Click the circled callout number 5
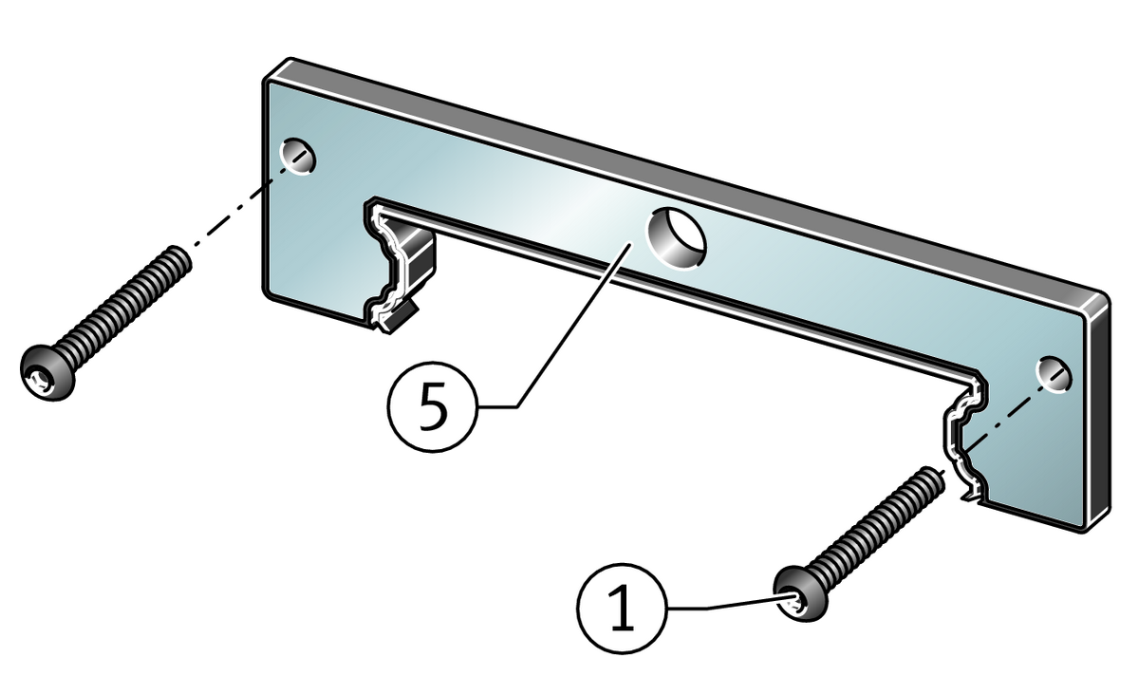click(x=433, y=406)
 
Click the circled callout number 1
click(x=622, y=608)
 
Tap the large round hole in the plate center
click(x=676, y=237)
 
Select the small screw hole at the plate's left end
click(x=298, y=156)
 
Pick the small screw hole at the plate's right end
click(x=1054, y=374)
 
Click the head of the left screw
click(x=47, y=372)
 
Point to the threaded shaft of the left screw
click(x=123, y=300)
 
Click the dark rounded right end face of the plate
click(x=1099, y=417)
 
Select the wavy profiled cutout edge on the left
click(x=385, y=265)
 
